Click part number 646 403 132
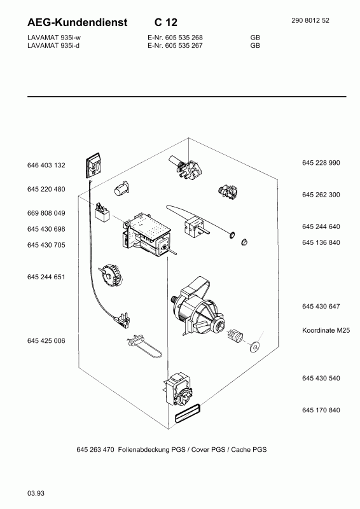(46, 165)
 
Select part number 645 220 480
(46, 189)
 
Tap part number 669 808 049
(46, 213)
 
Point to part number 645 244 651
(46, 277)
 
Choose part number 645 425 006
(46, 341)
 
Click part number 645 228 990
(321, 163)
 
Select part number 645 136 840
(321, 242)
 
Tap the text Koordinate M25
(326, 330)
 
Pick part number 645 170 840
(321, 410)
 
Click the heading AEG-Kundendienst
(77, 22)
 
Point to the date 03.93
(36, 494)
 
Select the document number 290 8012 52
(310, 20)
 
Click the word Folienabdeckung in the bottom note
(151, 450)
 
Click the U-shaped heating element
(144, 347)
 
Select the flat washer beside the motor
(254, 347)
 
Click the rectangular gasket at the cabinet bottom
(188, 414)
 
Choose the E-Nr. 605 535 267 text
(175, 46)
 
